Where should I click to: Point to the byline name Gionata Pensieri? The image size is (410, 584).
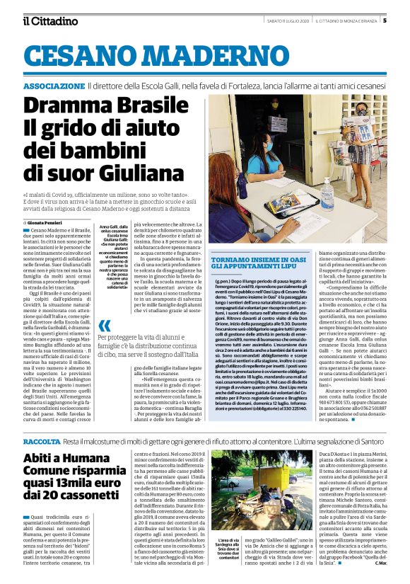click(x=45, y=222)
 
